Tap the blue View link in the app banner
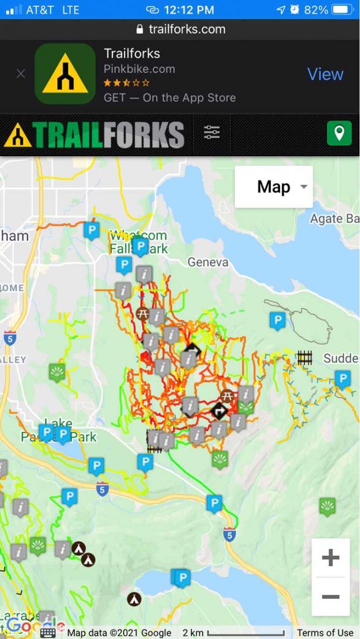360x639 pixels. (325, 74)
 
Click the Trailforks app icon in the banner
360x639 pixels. (65, 74)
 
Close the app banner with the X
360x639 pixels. (21, 74)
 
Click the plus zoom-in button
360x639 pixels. (331, 557)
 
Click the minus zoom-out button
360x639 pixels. (331, 597)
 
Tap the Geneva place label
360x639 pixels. (208, 262)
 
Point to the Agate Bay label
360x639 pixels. (334, 219)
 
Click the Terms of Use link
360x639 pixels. (325, 632)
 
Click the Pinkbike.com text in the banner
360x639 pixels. (139, 69)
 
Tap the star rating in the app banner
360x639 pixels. (127, 83)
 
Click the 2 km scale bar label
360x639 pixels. (193, 632)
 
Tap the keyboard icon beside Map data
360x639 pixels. (48, 633)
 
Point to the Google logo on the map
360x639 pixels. (26, 626)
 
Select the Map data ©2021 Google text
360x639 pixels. (119, 632)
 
